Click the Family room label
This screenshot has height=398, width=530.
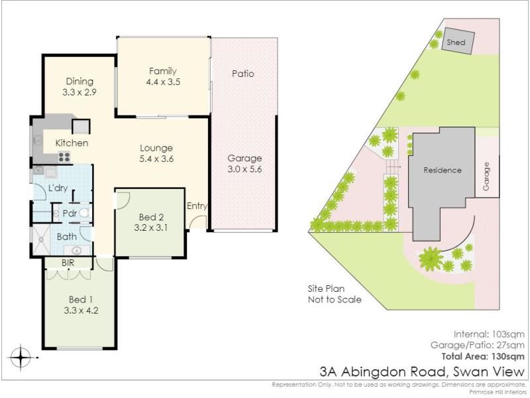[x=163, y=71]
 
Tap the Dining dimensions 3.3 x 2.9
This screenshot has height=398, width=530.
[x=79, y=92]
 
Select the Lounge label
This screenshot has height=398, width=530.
[x=156, y=148]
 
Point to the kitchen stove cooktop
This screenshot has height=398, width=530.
[x=64, y=157]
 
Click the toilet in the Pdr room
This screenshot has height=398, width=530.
[x=84, y=213]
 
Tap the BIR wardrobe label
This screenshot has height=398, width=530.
[x=68, y=263]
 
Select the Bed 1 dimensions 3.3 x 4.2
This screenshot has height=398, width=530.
[x=81, y=310]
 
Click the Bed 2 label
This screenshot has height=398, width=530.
[x=151, y=217]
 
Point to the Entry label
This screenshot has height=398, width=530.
[x=197, y=206]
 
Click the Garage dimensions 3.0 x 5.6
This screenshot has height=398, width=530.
[x=244, y=169]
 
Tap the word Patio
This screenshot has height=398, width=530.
[x=243, y=74]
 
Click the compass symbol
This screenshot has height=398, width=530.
[x=21, y=357]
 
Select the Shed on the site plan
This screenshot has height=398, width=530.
[x=458, y=40]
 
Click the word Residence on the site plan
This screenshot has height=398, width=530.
[x=443, y=170]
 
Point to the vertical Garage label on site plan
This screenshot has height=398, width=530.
[x=486, y=176]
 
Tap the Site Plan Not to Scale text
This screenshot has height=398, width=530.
[x=335, y=294]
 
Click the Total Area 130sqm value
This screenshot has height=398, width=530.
[x=483, y=356]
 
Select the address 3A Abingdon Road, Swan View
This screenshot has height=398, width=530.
[x=422, y=371]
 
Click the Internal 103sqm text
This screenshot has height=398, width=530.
[x=489, y=334]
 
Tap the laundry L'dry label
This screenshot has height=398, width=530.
[x=58, y=188]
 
